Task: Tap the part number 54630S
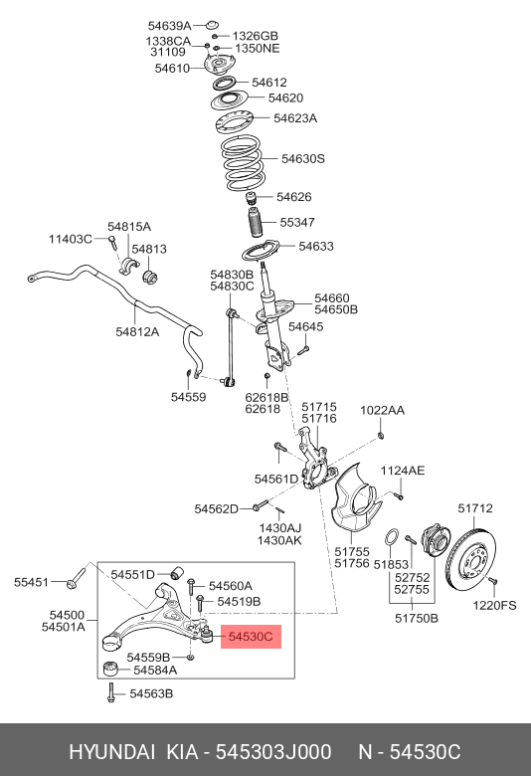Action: pyautogui.click(x=302, y=158)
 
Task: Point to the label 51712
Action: pyautogui.click(x=474, y=508)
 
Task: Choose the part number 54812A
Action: pyautogui.click(x=137, y=331)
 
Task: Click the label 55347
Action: pyautogui.click(x=296, y=223)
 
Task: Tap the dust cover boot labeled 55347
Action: pyautogui.click(x=252, y=224)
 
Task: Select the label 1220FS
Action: pyautogui.click(x=494, y=605)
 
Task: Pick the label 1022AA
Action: pyautogui.click(x=383, y=410)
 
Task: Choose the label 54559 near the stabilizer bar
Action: pyautogui.click(x=187, y=396)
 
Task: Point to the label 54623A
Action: pyautogui.click(x=294, y=118)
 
